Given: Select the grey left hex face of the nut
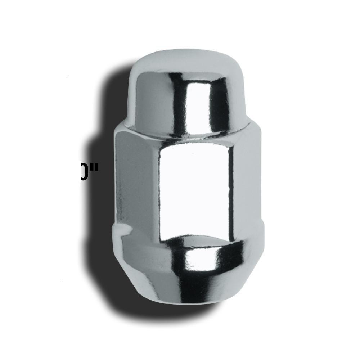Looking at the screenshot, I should pyautogui.click(x=137, y=180).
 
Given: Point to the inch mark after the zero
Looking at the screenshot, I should pyautogui.click(x=93, y=170).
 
